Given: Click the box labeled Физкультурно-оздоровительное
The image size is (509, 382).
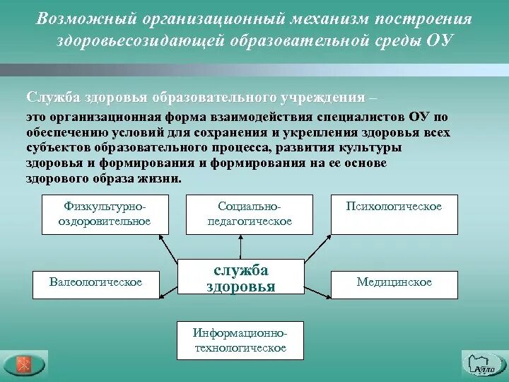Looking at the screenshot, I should click(107, 214).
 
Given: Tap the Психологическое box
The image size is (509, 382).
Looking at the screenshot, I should click(394, 214).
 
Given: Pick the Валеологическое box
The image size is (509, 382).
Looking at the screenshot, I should click(95, 283).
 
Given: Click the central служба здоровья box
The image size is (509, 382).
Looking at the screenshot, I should click(240, 277).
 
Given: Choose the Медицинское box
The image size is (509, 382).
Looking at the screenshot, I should click(394, 283).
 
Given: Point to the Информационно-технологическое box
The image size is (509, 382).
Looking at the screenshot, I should click(240, 340).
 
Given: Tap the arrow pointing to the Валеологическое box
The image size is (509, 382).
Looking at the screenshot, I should click(167, 289).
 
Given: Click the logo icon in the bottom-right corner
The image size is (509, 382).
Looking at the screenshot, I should click(484, 364).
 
